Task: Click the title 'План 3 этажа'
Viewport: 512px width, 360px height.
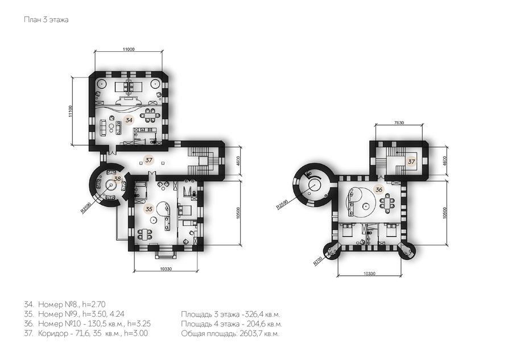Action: (x=46, y=19)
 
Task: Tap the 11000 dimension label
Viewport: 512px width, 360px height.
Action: (x=129, y=49)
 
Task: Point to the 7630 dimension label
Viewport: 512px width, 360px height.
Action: (x=399, y=123)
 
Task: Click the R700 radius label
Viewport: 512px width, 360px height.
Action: (x=317, y=261)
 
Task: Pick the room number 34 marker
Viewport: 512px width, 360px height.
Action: (x=129, y=120)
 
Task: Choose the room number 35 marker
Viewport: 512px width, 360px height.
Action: (x=148, y=209)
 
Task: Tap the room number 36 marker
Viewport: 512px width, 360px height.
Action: (x=379, y=189)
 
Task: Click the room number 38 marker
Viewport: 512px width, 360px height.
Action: (x=117, y=179)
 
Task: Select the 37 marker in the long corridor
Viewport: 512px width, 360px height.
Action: (x=149, y=160)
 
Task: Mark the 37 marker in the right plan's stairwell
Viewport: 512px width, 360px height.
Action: (x=411, y=162)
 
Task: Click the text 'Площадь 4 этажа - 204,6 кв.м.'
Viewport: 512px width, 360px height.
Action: (x=232, y=324)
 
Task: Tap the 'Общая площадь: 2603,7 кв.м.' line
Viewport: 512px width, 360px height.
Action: (x=230, y=334)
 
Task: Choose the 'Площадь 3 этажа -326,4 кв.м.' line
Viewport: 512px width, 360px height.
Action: (x=230, y=315)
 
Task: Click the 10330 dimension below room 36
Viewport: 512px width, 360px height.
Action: (x=369, y=274)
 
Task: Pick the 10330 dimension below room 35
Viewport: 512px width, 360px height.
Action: (x=166, y=269)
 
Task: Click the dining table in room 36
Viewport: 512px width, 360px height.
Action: (x=387, y=203)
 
